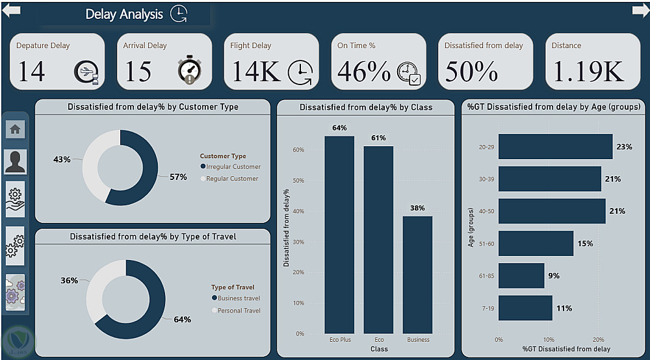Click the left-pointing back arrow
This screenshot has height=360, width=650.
12,11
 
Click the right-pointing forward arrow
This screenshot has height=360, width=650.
640,11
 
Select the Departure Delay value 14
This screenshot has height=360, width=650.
31,71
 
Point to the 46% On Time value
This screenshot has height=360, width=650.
364,71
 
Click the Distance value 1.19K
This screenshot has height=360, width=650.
588,71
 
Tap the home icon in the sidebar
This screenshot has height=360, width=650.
16,129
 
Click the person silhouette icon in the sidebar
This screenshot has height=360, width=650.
16,162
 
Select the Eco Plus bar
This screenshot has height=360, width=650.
339,234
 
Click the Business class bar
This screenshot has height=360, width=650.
417,274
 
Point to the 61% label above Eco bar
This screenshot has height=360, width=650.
378,138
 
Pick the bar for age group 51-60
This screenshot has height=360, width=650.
536,244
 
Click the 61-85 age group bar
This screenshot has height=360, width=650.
521,276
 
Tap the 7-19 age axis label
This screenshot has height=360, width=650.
487,308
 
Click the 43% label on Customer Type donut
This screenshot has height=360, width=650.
62,159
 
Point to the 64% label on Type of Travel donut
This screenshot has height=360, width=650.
183,319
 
